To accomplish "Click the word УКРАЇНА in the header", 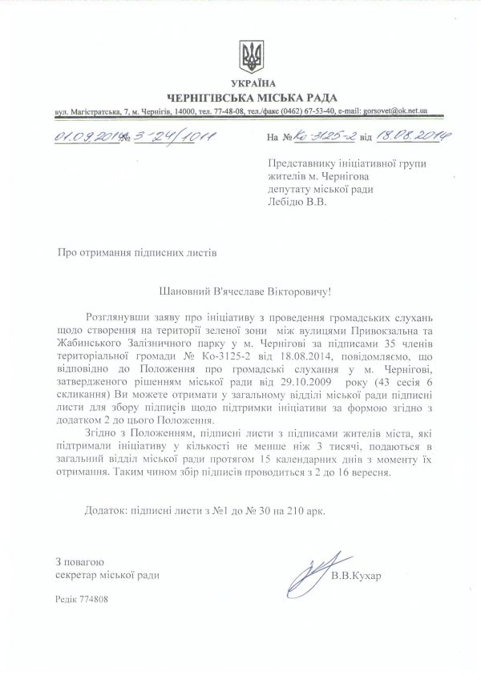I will coord(252,84).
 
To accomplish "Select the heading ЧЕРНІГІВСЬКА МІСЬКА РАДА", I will coord(252,97).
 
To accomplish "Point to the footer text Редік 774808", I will coord(81,598).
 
